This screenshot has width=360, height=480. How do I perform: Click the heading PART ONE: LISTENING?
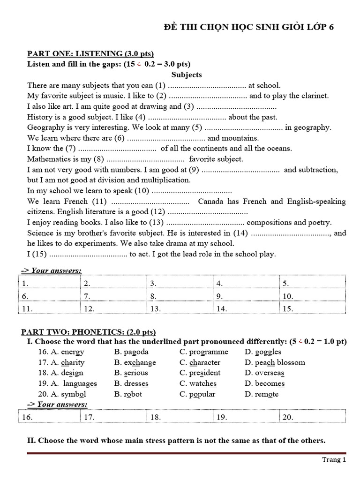coord(90,53)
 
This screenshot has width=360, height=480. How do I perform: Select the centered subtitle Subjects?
coord(187,75)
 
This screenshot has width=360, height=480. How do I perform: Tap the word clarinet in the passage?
coord(315,96)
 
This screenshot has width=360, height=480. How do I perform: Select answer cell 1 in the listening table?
coord(50,284)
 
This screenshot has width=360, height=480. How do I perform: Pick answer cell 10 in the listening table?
coord(312,296)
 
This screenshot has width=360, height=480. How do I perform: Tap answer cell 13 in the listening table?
coord(180,309)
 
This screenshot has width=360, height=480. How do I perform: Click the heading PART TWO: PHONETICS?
coord(89,332)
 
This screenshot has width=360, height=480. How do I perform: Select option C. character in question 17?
coord(200,362)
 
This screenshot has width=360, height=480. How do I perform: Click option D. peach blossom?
coord(275,362)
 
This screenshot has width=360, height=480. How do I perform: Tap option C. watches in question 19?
coord(198,383)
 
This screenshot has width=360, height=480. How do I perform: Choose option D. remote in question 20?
coord(262,394)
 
